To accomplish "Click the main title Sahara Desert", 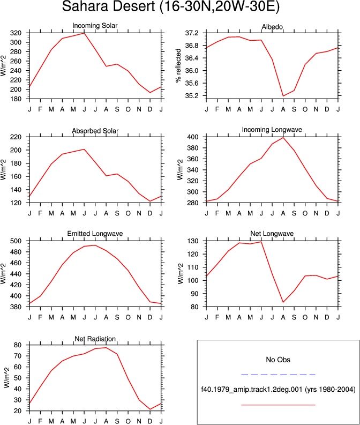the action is click(x=108, y=6).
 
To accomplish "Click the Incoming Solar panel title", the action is click(x=95, y=26).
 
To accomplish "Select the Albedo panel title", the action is click(x=272, y=27).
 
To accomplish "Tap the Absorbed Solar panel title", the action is click(x=95, y=131).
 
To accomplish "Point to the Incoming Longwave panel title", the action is click(x=272, y=130).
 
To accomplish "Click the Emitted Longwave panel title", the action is click(x=95, y=233).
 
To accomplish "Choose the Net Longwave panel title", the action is click(x=272, y=233).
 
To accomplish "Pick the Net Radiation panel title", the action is click(x=95, y=339).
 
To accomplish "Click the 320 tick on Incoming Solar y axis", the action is click(x=16, y=33).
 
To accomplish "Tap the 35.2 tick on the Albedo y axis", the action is click(x=192, y=96).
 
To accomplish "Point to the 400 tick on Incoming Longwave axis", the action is click(x=193, y=137).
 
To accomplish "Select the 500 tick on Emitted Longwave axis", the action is click(x=16, y=241).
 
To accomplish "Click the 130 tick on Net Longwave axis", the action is click(x=193, y=241).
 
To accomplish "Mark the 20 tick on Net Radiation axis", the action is click(x=18, y=411).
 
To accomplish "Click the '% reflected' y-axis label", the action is click(x=178, y=65).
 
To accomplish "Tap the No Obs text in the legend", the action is click(x=278, y=360).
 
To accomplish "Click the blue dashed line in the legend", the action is click(x=278, y=375).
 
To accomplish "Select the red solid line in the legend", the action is click(x=278, y=405).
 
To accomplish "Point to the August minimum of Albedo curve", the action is click(x=283, y=96).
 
